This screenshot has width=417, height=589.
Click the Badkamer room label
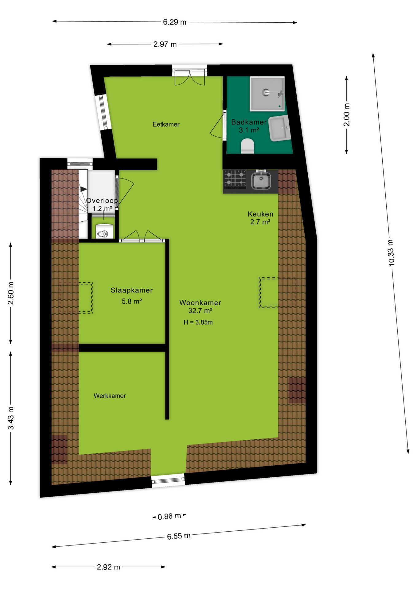[249, 122]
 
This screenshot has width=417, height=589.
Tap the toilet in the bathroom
[247, 146]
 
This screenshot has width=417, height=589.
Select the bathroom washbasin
[280, 128]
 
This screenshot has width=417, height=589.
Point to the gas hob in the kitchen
[235, 179]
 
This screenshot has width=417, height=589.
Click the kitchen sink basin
[261, 180]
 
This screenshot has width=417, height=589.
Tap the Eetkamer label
[166, 124]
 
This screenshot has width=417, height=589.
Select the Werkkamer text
[110, 396]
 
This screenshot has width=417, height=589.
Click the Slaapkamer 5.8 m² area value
[132, 301]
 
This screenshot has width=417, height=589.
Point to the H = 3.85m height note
[198, 322]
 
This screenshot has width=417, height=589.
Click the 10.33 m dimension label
[391, 252]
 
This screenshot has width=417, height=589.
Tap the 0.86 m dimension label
[169, 516]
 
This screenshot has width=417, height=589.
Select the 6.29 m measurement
[174, 22]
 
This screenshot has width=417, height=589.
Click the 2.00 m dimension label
[346, 115]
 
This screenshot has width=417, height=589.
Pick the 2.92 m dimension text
[108, 567]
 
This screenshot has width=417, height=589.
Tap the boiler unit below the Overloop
[103, 232]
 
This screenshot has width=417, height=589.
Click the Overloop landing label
[102, 201]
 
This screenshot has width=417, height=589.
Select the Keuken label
[260, 214]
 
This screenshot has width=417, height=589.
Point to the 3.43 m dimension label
[11, 418]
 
